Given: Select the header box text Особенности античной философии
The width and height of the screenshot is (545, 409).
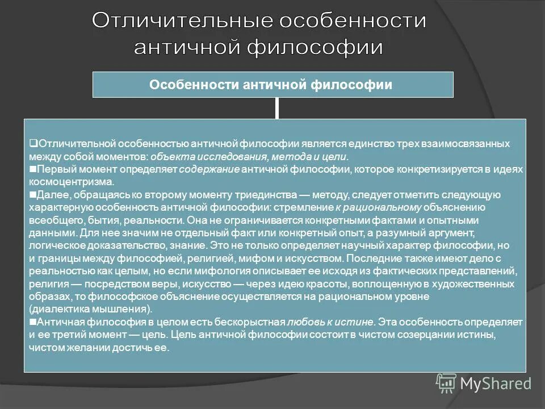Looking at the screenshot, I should (271, 85).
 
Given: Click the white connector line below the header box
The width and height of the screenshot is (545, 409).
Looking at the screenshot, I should (277, 108).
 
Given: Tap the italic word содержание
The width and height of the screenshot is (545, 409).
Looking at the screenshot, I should (209, 169).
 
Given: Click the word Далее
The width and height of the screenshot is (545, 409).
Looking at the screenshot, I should (49, 195).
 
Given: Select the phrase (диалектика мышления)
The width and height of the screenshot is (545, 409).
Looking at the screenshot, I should (90, 310).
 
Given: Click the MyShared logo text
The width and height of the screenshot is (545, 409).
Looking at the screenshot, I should (495, 383).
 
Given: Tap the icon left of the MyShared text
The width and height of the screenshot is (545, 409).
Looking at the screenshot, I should (446, 383).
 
